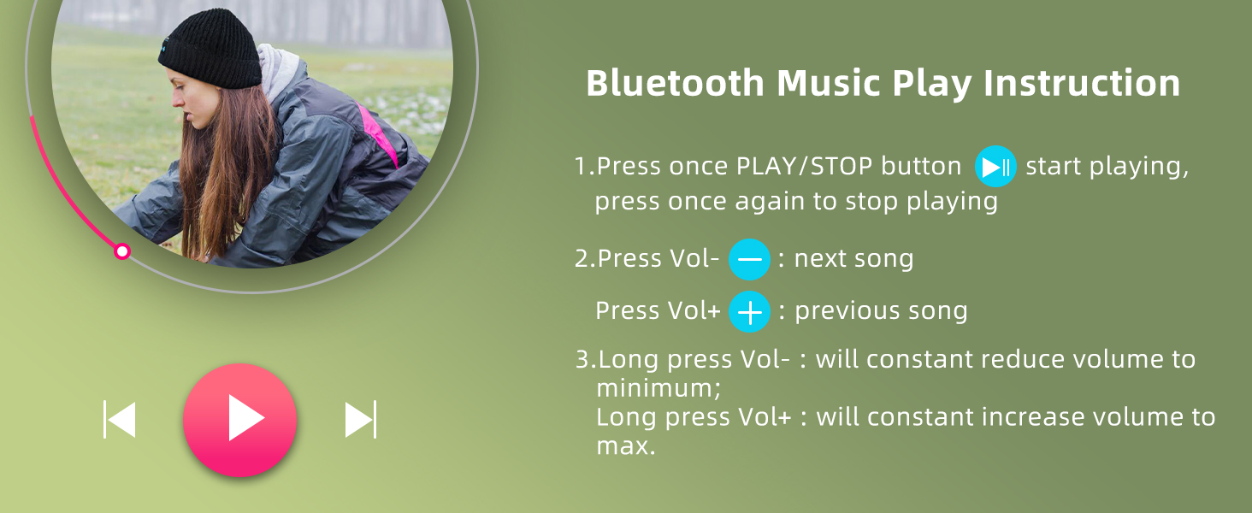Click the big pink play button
[239, 420]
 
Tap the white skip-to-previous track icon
[120, 419]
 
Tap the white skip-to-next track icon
[361, 419]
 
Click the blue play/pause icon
[995, 167]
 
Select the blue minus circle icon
[749, 259]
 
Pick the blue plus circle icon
[749, 312]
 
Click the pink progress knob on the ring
[121, 251]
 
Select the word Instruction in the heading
[1082, 84]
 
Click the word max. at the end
[626, 446]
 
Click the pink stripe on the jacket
[379, 134]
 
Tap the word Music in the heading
[829, 84]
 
